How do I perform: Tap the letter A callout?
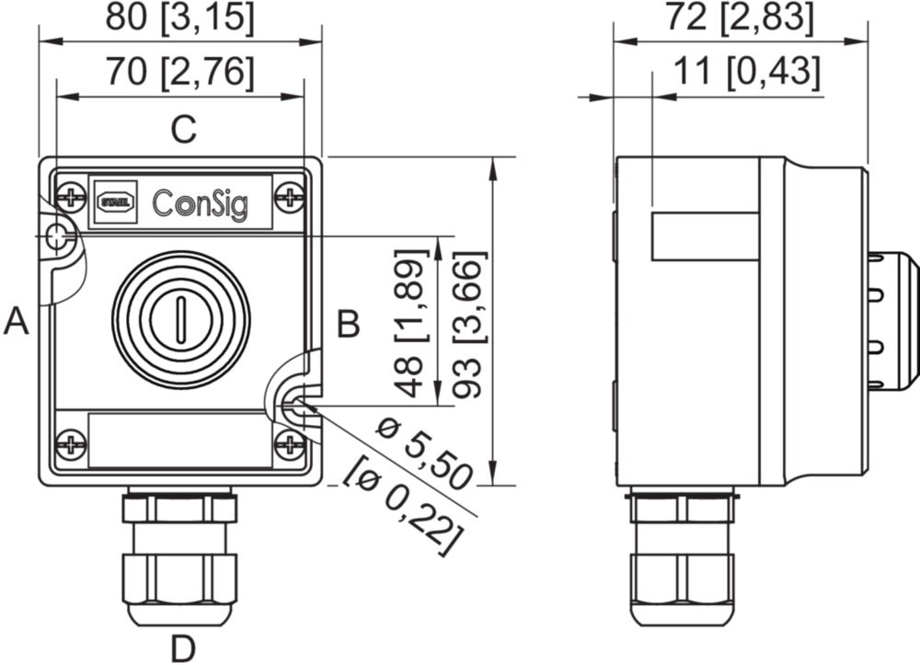tap(17, 322)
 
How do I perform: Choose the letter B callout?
tap(348, 324)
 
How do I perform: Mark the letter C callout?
tap(185, 130)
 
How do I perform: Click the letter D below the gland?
tap(184, 648)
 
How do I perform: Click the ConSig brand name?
tap(200, 201)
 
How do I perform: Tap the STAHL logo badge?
tap(116, 199)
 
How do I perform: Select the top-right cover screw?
tap(291, 196)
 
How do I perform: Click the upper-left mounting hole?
tap(58, 236)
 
